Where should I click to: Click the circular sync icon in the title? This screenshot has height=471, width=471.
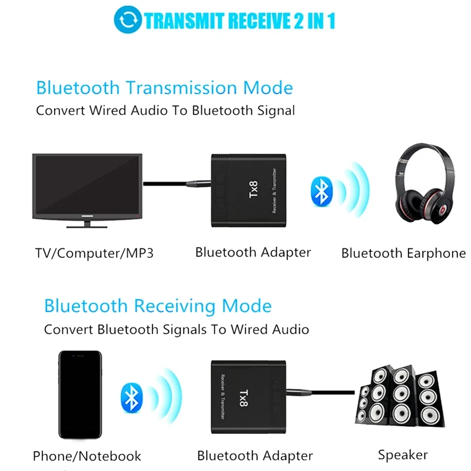[128, 21]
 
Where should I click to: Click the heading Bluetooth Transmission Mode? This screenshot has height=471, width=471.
[164, 88]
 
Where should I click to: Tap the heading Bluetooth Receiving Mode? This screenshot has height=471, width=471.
[158, 306]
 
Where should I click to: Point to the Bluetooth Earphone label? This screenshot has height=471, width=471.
[403, 254]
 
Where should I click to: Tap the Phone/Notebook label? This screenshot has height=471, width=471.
[87, 456]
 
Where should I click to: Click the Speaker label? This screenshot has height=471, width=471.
[403, 455]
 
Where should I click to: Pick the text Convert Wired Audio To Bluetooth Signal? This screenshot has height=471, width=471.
[165, 110]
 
